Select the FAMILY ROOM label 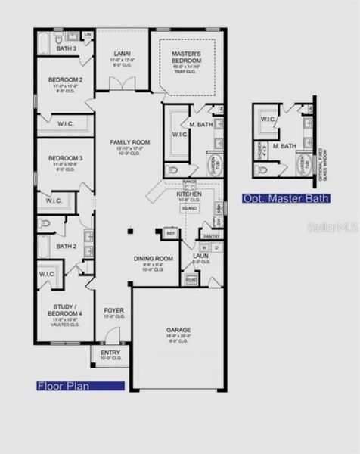click(130, 142)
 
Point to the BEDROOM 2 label click(64, 79)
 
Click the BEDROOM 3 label click(64, 158)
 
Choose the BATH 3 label click(66, 49)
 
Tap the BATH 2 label click(66, 246)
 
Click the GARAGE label click(178, 330)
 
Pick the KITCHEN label click(188, 194)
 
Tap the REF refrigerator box click(169, 234)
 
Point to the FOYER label click(113, 309)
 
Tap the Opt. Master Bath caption click(286, 199)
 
